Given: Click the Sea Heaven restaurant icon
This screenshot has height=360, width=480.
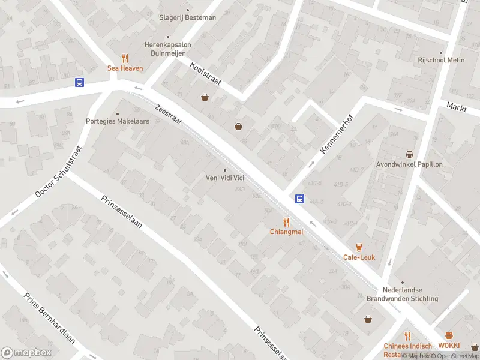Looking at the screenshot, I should (x=125, y=58).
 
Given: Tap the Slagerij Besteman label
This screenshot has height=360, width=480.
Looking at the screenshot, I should (x=187, y=17).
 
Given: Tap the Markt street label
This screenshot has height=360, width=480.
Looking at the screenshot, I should (x=457, y=107).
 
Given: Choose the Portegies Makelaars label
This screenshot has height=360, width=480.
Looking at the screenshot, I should (x=118, y=121).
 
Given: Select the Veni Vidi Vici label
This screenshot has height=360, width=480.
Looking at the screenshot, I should (x=225, y=178).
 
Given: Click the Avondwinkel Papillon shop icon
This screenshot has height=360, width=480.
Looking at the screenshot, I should (x=409, y=154).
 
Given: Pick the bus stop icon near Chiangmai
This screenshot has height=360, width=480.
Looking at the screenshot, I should (x=299, y=199).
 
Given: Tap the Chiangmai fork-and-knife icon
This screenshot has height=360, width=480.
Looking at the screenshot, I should (x=287, y=221).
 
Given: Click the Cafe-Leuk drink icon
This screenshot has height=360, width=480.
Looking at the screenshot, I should (x=359, y=247).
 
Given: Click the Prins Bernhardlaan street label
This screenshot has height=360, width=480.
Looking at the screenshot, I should (x=49, y=318).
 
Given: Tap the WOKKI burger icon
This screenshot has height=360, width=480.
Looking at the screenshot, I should (x=449, y=336).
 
